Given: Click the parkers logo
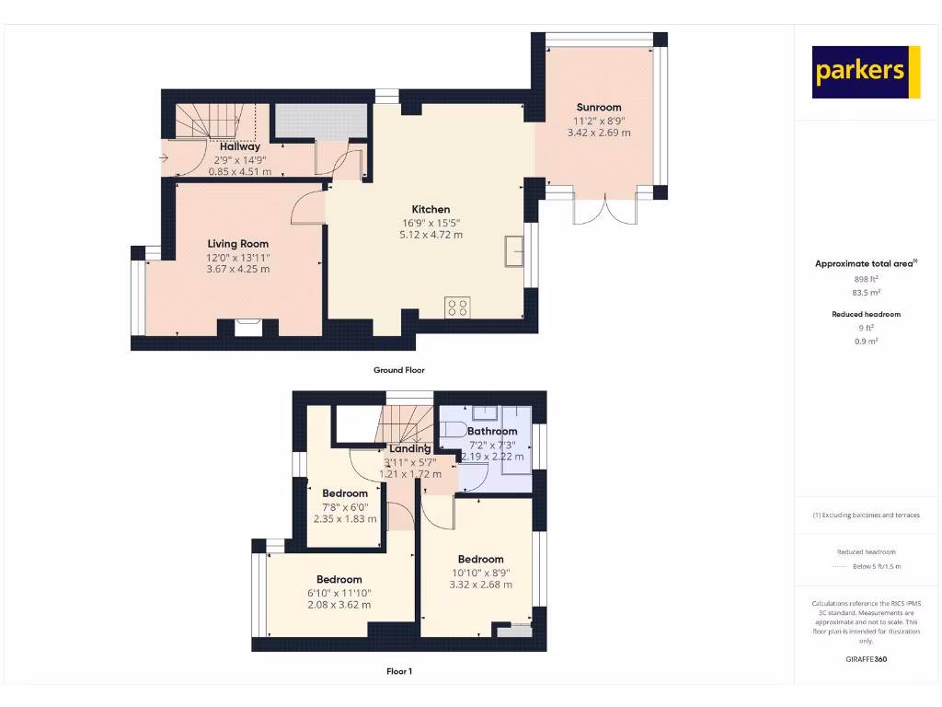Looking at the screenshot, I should [866, 72].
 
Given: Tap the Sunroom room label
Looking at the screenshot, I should [599, 107].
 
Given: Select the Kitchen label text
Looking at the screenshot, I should [431, 209].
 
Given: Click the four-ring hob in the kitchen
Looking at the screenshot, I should [458, 307].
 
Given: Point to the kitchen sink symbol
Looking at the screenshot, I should [513, 251].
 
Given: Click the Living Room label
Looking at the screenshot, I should [237, 244].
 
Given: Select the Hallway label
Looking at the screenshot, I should [240, 146].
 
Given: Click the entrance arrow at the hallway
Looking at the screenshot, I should [164, 158].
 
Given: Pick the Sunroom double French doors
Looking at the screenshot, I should [605, 210].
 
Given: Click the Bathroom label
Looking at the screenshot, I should [492, 431].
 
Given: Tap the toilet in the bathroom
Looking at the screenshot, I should [453, 429].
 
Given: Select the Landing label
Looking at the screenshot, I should [409, 448].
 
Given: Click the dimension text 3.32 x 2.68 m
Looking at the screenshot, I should [480, 585].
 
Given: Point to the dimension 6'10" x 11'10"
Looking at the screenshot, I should [341, 592].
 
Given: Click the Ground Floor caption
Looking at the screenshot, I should [398, 370].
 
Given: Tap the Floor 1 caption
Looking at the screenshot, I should [398, 671].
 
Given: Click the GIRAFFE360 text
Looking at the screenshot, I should [865, 659].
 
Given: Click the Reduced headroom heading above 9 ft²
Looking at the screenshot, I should [865, 314].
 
